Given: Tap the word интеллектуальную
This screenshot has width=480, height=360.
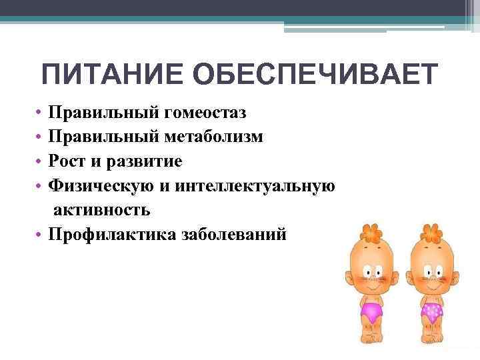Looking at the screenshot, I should (255, 185).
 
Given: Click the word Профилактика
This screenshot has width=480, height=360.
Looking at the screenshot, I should (111, 234).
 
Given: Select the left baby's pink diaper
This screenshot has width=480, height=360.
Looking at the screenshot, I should (370, 311).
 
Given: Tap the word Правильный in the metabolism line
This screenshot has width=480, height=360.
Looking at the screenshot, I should (105, 137).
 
